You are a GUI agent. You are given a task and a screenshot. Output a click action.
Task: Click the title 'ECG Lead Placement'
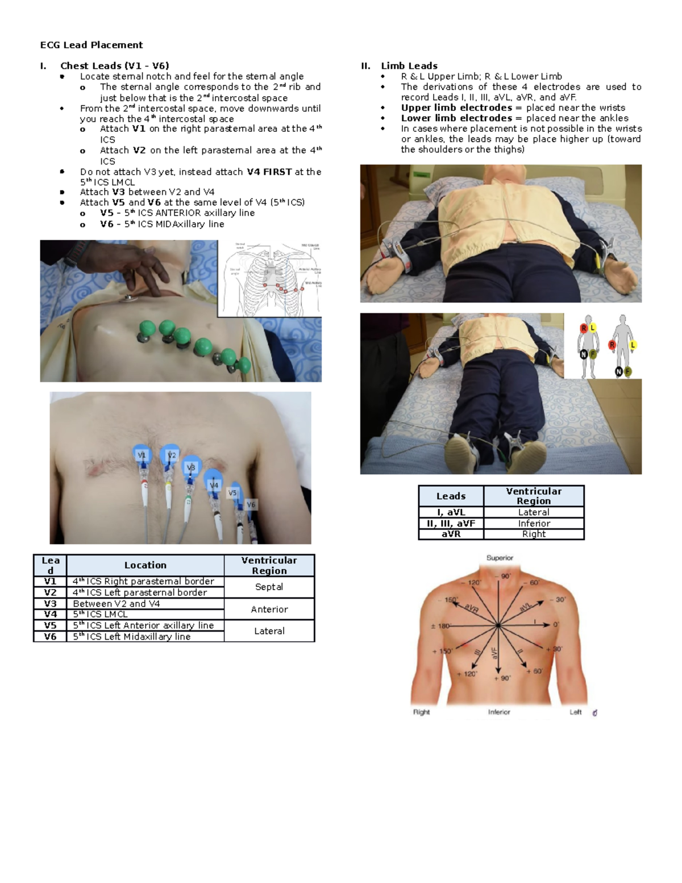click(x=91, y=45)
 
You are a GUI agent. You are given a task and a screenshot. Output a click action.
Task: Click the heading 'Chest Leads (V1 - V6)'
click(x=114, y=66)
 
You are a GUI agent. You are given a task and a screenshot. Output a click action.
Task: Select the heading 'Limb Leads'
click(x=409, y=66)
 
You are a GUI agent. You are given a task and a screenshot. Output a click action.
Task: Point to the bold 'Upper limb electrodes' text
click(x=456, y=107)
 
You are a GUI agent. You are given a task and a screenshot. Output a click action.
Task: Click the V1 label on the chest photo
click(x=142, y=455)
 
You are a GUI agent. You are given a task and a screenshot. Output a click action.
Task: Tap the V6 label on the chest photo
click(x=251, y=504)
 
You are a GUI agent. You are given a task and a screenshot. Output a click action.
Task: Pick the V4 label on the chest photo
click(x=214, y=486)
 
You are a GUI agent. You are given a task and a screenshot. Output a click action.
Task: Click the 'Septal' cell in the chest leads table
click(x=269, y=587)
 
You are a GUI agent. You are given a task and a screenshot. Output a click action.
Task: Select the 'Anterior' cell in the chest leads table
click(x=269, y=609)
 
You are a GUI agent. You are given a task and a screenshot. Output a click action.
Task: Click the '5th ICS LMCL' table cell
click(x=100, y=614)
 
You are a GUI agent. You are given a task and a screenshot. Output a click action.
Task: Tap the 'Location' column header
click(x=145, y=565)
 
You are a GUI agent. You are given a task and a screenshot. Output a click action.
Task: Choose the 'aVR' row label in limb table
click(x=451, y=534)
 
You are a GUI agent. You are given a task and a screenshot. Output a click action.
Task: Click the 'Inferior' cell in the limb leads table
click(x=534, y=523)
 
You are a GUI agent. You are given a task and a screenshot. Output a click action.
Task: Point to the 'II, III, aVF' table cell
click(x=451, y=523)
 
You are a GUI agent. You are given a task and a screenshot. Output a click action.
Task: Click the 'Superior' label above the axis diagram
click(x=500, y=558)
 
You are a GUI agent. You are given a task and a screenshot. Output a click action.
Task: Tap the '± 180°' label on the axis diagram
click(x=440, y=626)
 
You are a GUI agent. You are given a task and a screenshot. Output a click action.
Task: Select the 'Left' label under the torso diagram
click(x=576, y=712)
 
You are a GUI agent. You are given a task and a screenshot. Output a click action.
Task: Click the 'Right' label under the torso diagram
click(x=421, y=712)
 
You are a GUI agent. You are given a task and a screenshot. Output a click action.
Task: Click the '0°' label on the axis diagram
click(x=556, y=625)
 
